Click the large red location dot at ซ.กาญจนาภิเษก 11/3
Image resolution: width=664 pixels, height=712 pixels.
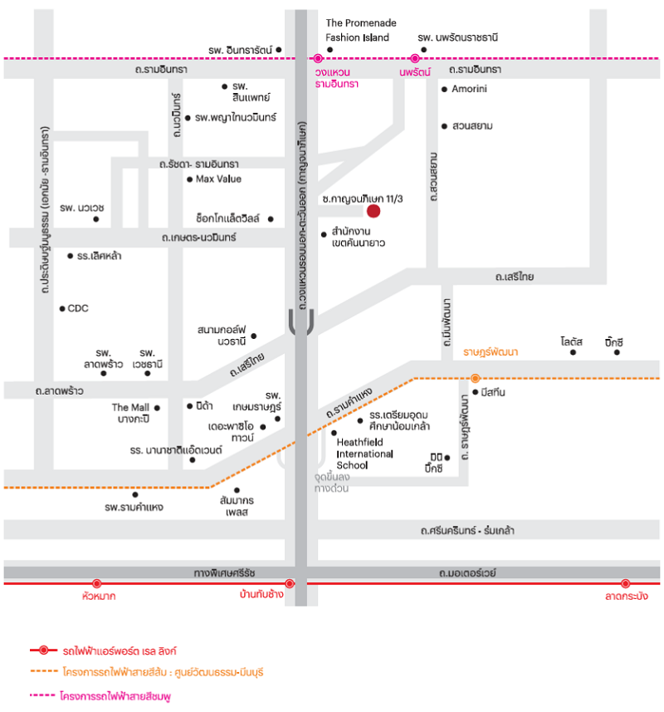tap(373, 211)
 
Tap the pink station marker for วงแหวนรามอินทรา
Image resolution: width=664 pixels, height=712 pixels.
tap(318, 59)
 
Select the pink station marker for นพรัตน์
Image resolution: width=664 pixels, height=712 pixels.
tap(414, 59)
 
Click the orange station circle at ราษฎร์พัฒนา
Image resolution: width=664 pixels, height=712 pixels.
tap(475, 378)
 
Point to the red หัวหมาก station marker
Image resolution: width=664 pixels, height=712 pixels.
tap(96, 583)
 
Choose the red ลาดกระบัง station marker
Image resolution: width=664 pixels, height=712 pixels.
tap(626, 583)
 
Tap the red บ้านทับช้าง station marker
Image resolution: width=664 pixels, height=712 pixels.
tap(290, 583)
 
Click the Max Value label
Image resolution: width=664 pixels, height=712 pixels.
tap(218, 179)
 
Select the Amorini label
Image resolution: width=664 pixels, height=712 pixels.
tap(469, 89)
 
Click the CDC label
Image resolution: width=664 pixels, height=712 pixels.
tap(78, 308)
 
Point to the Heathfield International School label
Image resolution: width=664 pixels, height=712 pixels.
tap(364, 454)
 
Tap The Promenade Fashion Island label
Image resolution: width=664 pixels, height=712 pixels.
tap(361, 30)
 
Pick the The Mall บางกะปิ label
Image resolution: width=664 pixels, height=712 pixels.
tap(130, 413)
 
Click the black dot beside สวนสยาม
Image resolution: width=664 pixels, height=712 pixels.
tap(445, 126)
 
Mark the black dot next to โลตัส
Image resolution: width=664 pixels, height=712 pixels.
tap(573, 352)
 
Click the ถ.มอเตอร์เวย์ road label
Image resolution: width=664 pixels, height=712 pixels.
tap(467, 572)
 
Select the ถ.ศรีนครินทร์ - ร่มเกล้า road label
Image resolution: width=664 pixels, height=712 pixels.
tap(467, 530)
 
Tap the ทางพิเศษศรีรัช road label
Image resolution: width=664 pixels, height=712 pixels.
tap(224, 572)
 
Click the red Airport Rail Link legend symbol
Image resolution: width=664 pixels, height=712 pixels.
tap(43, 651)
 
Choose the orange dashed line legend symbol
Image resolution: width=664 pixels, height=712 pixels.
tap(43, 671)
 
